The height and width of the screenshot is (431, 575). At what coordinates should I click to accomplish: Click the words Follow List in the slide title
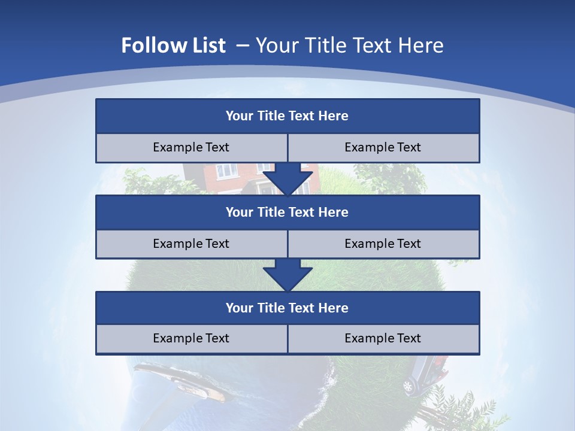pyautogui.click(x=173, y=45)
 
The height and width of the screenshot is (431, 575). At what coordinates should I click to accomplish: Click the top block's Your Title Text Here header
pyautogui.click(x=287, y=116)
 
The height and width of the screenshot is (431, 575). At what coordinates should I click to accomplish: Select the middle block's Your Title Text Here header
pyautogui.click(x=287, y=212)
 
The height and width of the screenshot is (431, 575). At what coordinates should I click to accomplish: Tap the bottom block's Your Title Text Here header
pyautogui.click(x=287, y=308)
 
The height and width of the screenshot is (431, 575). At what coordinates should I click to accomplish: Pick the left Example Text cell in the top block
pyautogui.click(x=191, y=147)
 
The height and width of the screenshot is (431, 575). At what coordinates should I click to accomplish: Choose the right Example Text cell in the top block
pyautogui.click(x=383, y=147)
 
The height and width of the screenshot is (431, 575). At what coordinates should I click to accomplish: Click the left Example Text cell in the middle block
pyautogui.click(x=191, y=244)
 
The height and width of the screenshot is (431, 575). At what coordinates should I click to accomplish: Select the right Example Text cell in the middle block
pyautogui.click(x=383, y=244)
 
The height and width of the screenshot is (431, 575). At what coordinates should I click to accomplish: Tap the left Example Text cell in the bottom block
pyautogui.click(x=191, y=338)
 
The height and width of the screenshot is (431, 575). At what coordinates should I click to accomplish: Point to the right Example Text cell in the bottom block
pyautogui.click(x=383, y=338)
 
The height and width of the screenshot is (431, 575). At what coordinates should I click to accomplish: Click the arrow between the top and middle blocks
pyautogui.click(x=287, y=179)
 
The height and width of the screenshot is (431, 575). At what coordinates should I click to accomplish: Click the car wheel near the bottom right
pyautogui.click(x=408, y=386)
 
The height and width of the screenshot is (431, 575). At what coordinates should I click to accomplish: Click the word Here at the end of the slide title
pyautogui.click(x=423, y=45)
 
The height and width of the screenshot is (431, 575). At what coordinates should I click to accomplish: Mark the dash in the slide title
pyautogui.click(x=243, y=45)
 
